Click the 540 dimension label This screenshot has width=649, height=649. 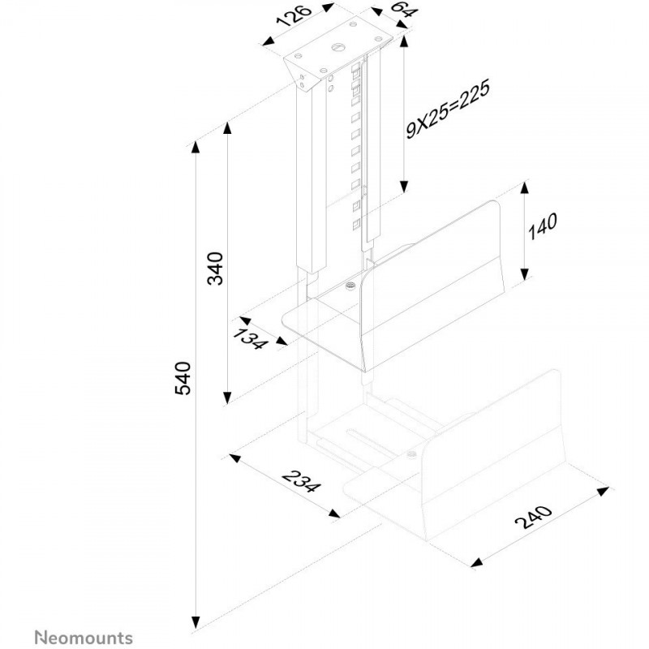point(183,378)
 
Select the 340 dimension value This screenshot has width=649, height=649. point(215,269)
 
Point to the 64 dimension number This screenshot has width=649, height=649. point(402,10)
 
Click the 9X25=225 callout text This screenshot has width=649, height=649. point(448,109)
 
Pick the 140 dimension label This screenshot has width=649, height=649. point(542,226)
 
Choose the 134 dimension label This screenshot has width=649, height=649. point(248,339)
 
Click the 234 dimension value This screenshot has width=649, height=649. point(300,481)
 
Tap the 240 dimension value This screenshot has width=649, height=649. point(534,517)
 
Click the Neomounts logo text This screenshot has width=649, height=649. point(84,638)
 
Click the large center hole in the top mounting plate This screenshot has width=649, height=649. point(337,46)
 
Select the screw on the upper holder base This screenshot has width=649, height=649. point(351,286)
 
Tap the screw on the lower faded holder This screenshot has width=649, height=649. point(411,455)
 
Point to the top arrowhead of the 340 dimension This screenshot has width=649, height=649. point(227,128)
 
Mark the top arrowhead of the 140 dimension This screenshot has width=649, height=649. point(524,188)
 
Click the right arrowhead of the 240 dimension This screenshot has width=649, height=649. point(603,492)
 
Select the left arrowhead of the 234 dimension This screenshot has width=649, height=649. point(235,458)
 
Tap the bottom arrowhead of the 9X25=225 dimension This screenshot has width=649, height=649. point(404,187)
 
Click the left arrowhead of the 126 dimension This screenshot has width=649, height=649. point(269,41)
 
